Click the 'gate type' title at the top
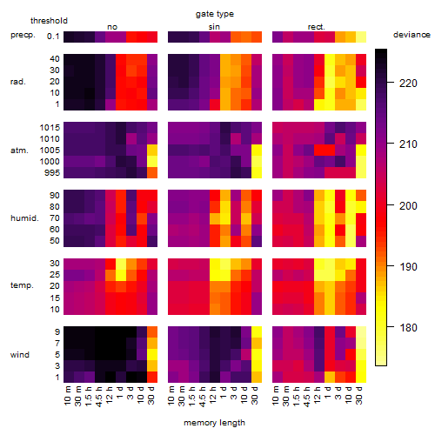[215, 14]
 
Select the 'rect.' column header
[317, 27]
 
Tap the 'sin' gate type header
[214, 27]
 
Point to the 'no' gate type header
[112, 27]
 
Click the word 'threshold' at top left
[49, 21]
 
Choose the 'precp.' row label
[23, 35]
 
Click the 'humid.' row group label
[24, 218]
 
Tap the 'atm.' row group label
[19, 151]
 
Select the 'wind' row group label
[20, 355]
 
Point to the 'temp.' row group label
[22, 285]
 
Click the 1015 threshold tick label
[50, 128]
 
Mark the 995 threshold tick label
[52, 173]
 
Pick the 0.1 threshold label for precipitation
[53, 37]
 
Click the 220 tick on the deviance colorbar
[408, 84]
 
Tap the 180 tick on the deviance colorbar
[408, 328]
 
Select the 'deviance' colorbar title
[412, 35]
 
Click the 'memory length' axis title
[215, 423]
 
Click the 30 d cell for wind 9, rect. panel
[361, 332]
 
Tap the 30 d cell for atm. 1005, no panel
[152, 151]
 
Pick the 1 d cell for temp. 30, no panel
[121, 264]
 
